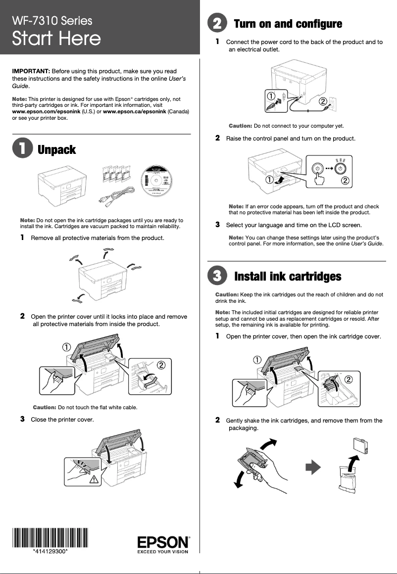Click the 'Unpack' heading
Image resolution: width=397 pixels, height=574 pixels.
click(x=57, y=150)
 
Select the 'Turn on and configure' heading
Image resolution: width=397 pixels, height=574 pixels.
click(x=288, y=24)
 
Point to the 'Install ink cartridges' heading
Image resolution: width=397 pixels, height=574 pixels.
click(x=288, y=276)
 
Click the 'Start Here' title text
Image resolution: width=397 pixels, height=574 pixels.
click(x=56, y=39)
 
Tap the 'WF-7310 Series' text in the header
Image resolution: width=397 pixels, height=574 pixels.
click(x=52, y=21)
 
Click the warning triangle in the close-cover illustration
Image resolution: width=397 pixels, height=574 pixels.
click(x=93, y=478)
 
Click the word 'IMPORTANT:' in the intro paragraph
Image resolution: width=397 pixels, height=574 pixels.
click(x=31, y=71)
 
